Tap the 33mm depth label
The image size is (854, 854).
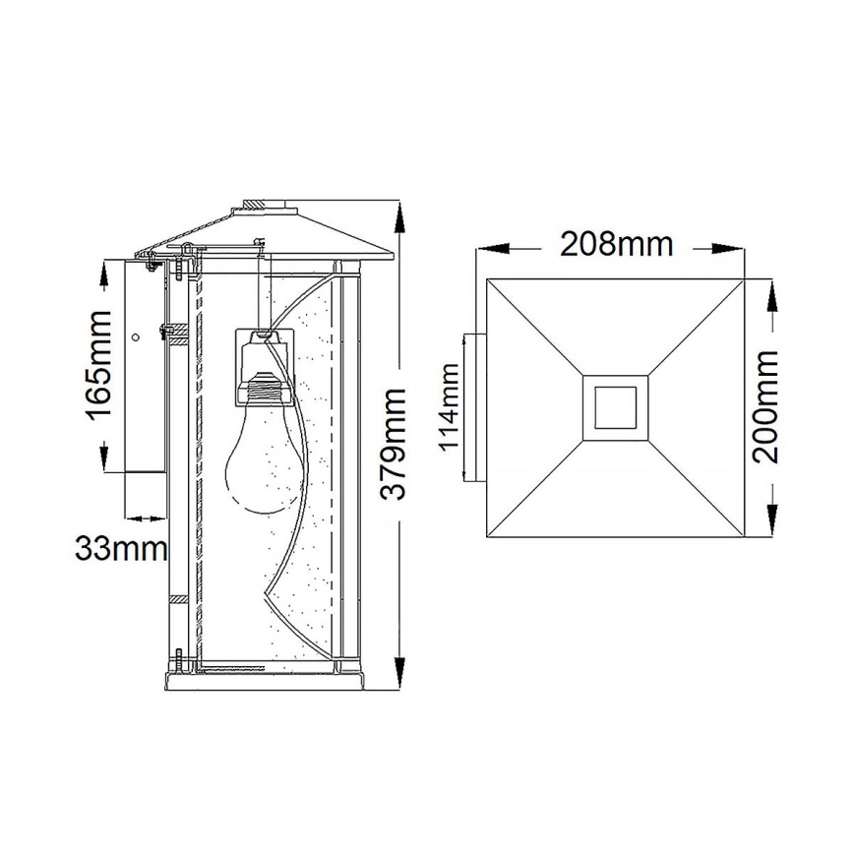coord(120,548)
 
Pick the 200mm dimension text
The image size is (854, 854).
coord(765,406)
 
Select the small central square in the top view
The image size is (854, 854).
coord(614,406)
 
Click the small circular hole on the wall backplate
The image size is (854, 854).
coord(135,337)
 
